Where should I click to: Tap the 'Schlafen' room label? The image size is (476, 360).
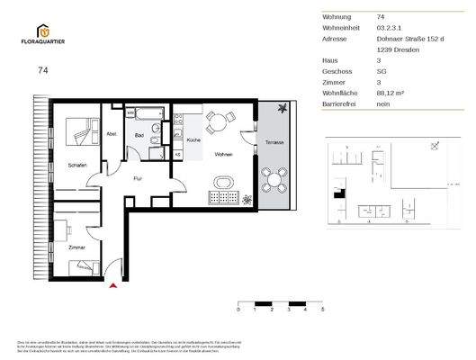tap(76, 165)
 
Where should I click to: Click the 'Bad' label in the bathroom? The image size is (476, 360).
tap(139, 136)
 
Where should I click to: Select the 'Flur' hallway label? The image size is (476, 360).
tap(138, 178)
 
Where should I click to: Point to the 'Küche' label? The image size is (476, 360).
tap(193, 141)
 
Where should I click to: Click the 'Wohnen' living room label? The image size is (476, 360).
tap(223, 155)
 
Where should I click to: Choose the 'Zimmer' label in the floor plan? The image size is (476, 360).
tap(76, 246)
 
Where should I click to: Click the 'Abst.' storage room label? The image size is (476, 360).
tap(112, 134)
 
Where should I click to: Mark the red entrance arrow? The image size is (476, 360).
tap(112, 286)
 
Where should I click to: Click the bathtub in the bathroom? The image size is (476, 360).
tap(144, 113)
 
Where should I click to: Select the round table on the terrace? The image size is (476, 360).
tap(275, 178)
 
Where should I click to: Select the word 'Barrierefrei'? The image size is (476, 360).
tap(341, 103)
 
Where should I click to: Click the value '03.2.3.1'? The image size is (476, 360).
tap(389, 28)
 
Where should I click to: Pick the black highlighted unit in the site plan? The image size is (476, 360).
tap(339, 193)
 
